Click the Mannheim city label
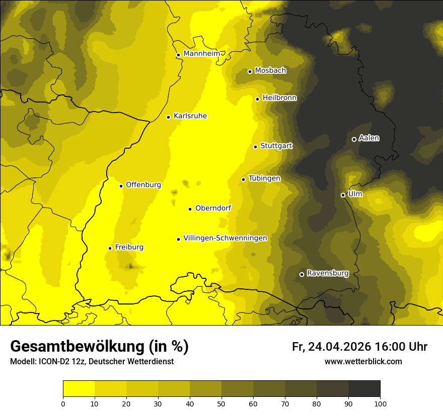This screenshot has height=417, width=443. pos(201,54)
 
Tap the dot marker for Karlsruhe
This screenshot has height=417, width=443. pos(168,117)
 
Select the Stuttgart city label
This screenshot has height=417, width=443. pos(276,146)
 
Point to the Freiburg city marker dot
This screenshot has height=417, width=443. pos(110,248)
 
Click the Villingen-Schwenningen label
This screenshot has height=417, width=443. pos(225,238)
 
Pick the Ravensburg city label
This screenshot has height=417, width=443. pos(327,273)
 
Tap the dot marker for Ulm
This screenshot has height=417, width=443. pos(343,195)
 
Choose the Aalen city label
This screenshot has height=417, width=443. pos(368,138)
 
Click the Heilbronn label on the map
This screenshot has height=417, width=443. pos(279,98)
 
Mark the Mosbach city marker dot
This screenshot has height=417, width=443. pos(250,71)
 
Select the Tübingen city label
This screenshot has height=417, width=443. pos(264,178)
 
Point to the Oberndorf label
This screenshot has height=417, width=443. pos(213,208)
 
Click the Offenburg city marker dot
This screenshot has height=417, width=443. pos(121,186)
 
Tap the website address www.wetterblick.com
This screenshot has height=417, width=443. pos(363,362)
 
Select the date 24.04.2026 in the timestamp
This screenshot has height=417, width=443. pos(339,347)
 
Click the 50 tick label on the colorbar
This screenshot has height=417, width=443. pos(221,403)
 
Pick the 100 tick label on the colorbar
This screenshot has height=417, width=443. pos(380,403)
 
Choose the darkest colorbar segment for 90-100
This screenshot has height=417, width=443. pos(364,388)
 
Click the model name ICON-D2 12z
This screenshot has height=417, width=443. pos(57,362)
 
